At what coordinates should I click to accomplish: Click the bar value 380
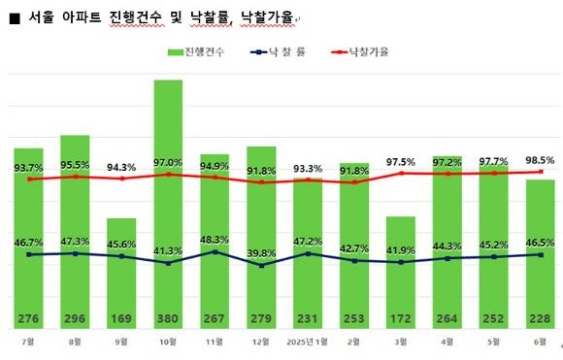(x=168, y=318)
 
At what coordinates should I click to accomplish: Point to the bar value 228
(x=541, y=318)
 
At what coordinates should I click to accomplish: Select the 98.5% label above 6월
(x=540, y=160)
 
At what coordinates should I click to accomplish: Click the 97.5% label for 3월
(x=401, y=162)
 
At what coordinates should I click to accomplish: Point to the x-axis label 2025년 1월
(x=308, y=343)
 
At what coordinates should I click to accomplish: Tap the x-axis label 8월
(x=75, y=343)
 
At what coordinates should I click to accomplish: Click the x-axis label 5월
(x=494, y=343)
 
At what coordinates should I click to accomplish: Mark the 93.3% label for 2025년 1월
(x=308, y=167)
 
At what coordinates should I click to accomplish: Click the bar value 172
(x=401, y=318)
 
